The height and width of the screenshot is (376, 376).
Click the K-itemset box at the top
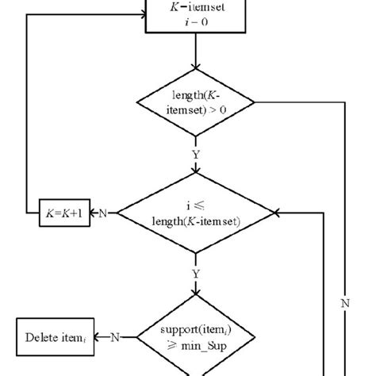click(x=195, y=16)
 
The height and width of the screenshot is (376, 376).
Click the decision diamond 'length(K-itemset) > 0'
click(x=195, y=105)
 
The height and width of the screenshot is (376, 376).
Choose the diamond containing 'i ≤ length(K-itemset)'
click(x=195, y=213)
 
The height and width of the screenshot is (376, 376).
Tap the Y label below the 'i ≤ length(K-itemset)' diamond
click(x=195, y=274)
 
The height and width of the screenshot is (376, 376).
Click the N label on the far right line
click(x=344, y=302)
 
